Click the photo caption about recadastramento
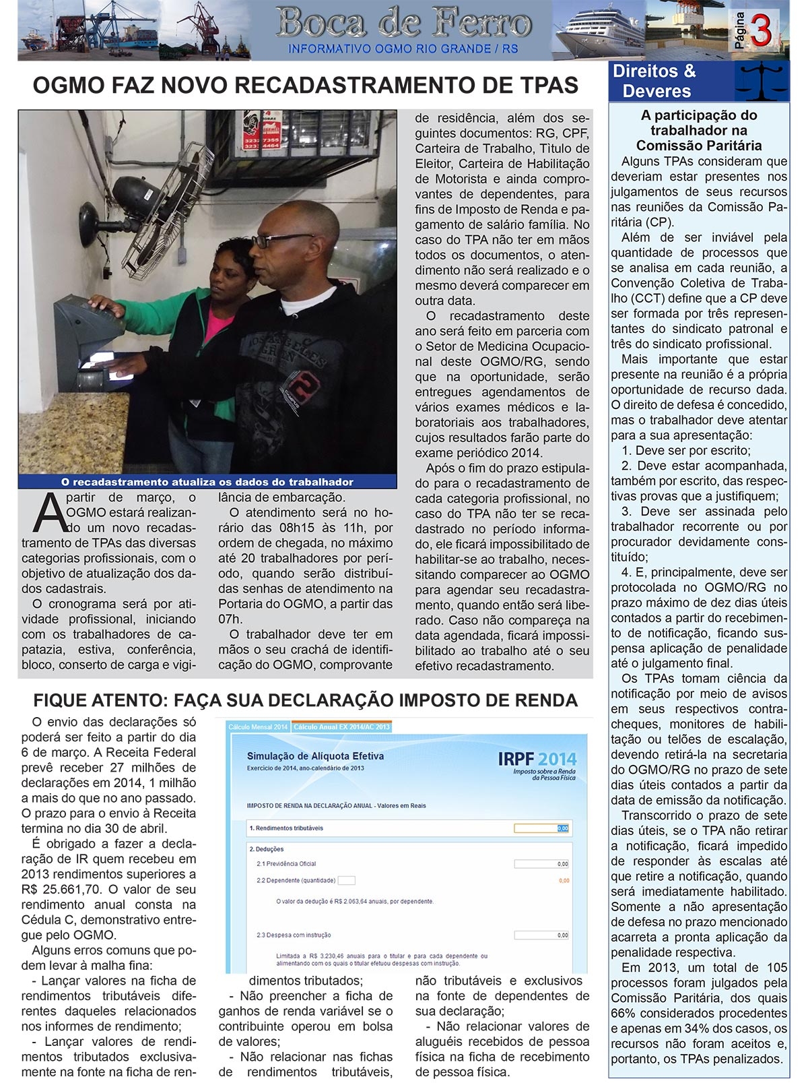207,482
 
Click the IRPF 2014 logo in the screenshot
537,763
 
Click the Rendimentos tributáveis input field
542,828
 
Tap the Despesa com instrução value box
542,935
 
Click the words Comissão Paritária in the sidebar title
698,146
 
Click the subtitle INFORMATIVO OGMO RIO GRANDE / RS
403,49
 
